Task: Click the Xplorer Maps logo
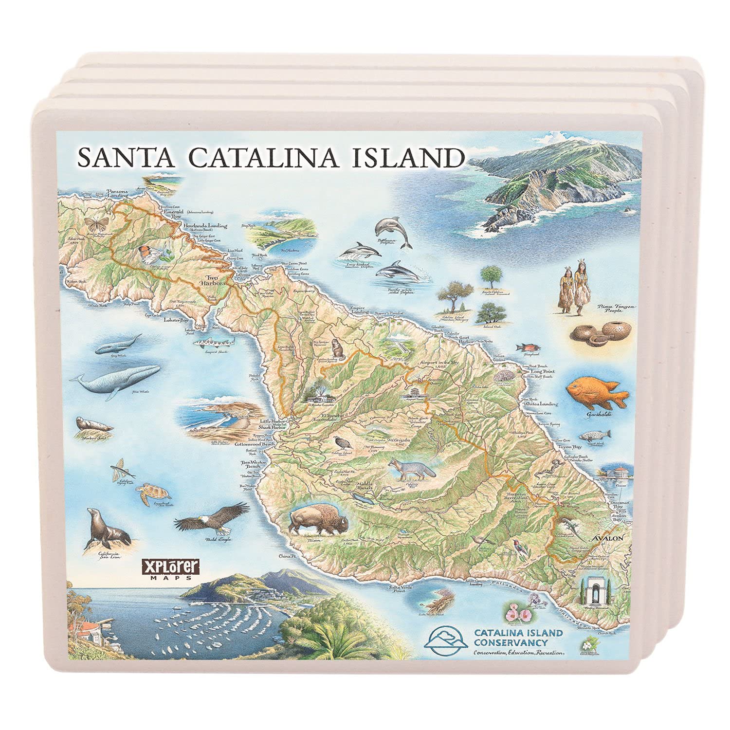[170, 569]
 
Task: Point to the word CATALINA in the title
[262, 157]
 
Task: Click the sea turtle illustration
[147, 493]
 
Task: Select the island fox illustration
[411, 469]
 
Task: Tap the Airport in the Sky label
[443, 363]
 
